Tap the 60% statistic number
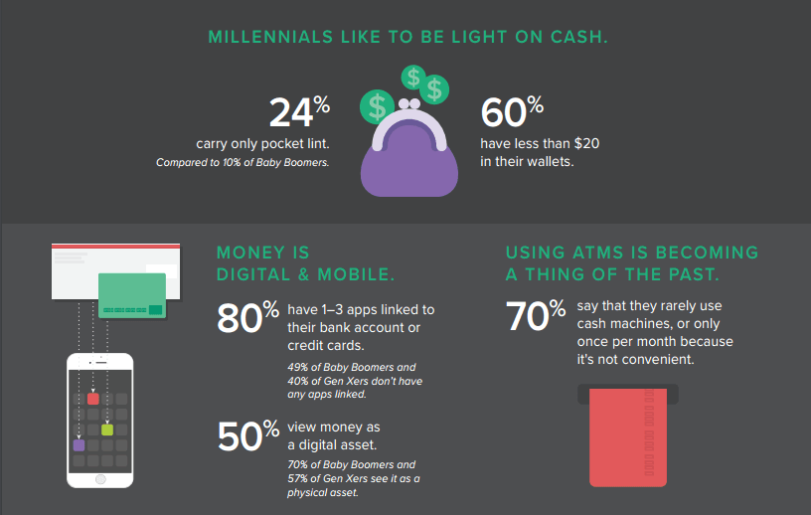pos(511,112)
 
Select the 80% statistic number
pos(247,317)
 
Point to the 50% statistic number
pos(247,434)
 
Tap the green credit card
pos(132,295)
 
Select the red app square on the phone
pos(92,399)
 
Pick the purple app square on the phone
pos(79,445)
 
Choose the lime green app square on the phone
pos(107,429)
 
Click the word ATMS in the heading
pos(599,253)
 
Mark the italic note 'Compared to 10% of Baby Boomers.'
pos(243,162)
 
